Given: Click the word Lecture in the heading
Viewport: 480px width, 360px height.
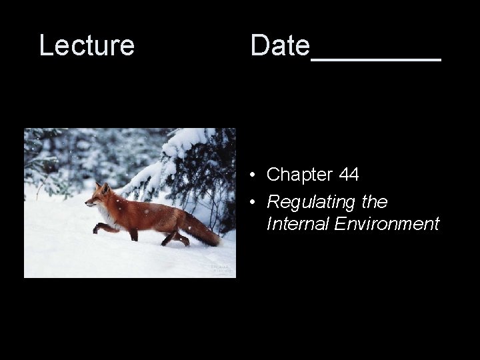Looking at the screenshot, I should pos(87,45).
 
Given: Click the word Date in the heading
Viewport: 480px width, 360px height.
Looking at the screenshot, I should pos(280,45).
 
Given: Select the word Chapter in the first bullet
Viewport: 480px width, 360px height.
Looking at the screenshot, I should pos(299,175).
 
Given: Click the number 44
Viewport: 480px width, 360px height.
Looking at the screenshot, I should pos(349,175).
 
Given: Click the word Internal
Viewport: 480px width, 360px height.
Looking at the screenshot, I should pos(297,224).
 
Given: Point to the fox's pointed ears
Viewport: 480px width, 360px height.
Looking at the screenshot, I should pos(101,188).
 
